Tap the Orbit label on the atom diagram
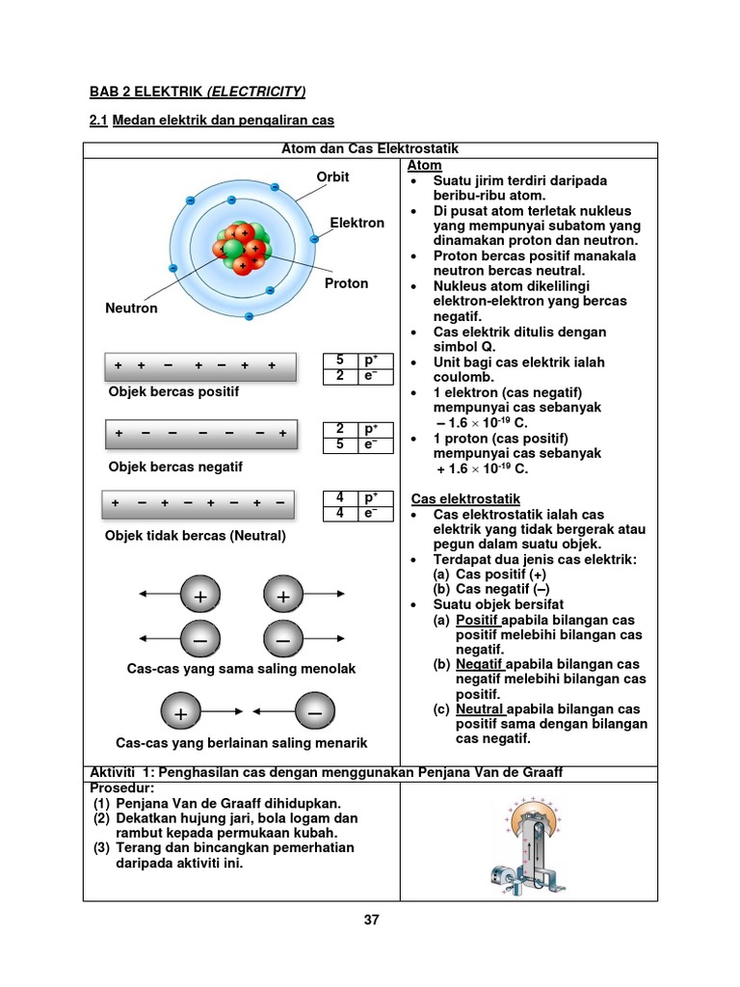pyautogui.click(x=332, y=177)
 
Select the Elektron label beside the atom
pyautogui.click(x=357, y=223)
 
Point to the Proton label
pyautogui.click(x=346, y=283)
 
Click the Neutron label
pyautogui.click(x=131, y=308)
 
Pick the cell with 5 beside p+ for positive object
pyautogui.click(x=339, y=360)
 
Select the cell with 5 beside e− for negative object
pyautogui.click(x=339, y=444)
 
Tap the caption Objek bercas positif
pyautogui.click(x=173, y=392)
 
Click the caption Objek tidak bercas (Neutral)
pyautogui.click(x=196, y=535)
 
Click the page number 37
pyautogui.click(x=371, y=920)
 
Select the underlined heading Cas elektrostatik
pyautogui.click(x=466, y=499)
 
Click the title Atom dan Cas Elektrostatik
pyautogui.click(x=370, y=149)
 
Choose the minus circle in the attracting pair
pyautogui.click(x=315, y=712)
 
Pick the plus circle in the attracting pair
pyautogui.click(x=180, y=713)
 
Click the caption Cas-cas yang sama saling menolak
pyautogui.click(x=241, y=668)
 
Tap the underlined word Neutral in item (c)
pyautogui.click(x=480, y=708)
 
